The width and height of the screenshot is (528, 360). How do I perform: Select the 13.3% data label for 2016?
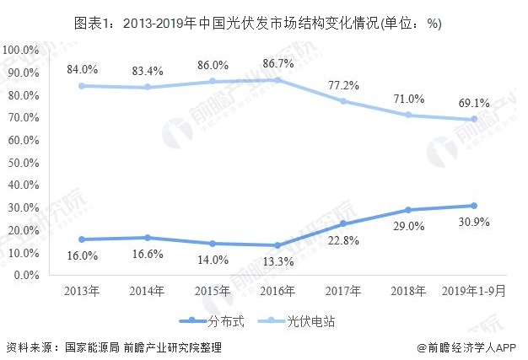click(x=278, y=261)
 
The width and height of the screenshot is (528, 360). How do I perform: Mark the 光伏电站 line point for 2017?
click(x=343, y=101)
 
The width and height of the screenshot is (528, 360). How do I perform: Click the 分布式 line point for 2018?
click(x=408, y=210)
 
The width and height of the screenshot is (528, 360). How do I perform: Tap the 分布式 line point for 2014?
click(x=148, y=238)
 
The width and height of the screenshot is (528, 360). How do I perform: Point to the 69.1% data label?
click(x=474, y=103)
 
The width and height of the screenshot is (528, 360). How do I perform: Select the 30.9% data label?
click(x=474, y=222)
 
